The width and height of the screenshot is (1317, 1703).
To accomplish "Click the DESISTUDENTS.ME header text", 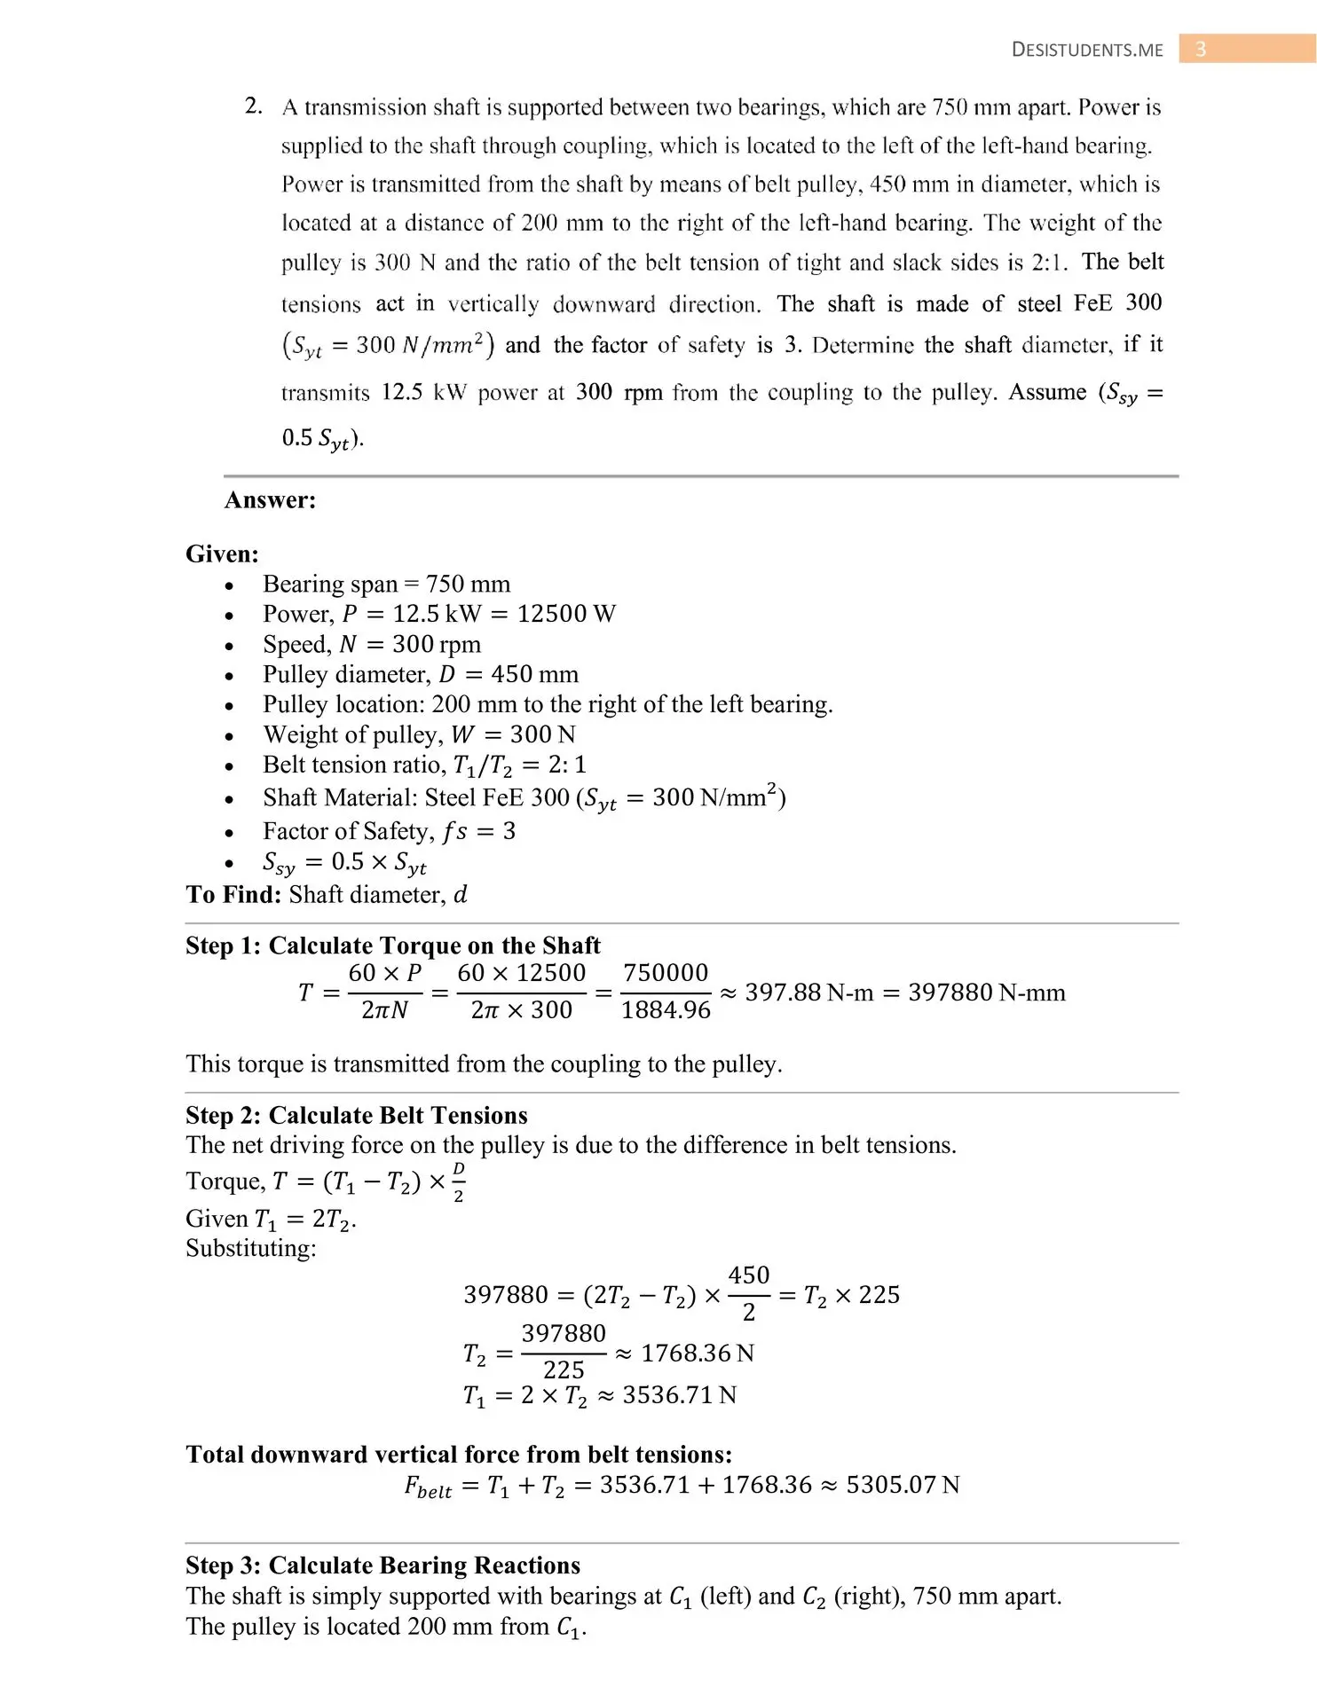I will click(1086, 51).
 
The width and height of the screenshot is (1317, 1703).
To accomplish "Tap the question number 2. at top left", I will click(253, 106).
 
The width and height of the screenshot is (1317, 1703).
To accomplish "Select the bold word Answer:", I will click(270, 500).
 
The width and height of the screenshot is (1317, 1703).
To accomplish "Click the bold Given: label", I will click(222, 554).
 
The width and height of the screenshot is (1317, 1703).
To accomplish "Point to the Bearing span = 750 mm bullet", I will click(386, 585).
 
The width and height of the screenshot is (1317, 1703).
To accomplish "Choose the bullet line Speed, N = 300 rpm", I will click(371, 645).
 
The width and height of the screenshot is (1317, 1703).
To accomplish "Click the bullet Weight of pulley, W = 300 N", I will click(419, 735).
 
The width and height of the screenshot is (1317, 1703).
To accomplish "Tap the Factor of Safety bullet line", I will click(389, 832).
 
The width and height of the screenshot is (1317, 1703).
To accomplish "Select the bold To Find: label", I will click(233, 895).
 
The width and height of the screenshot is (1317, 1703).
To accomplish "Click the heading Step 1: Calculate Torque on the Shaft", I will click(392, 946).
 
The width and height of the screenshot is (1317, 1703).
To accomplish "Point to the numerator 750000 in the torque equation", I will click(666, 973).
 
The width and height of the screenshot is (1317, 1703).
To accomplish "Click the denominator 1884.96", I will click(666, 1010).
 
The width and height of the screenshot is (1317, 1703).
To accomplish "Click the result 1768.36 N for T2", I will click(697, 1354).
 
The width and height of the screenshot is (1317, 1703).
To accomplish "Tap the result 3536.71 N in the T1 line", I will click(679, 1396).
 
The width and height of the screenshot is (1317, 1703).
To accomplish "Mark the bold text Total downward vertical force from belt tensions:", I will click(459, 1455).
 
